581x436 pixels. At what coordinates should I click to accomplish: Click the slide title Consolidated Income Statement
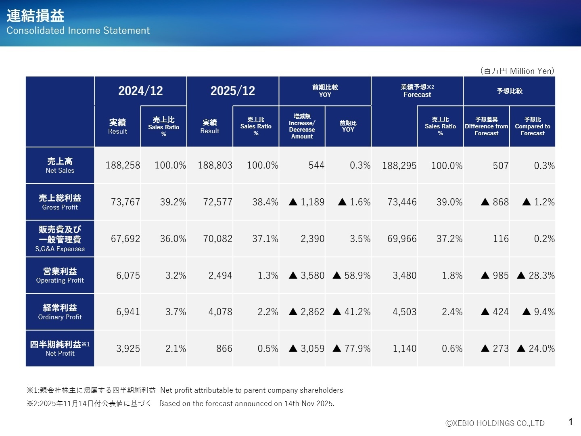point(78,30)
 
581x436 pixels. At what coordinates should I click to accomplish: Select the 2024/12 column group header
point(140,91)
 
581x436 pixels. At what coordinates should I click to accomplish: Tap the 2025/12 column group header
point(233,91)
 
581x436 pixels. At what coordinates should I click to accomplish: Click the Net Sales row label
point(60,166)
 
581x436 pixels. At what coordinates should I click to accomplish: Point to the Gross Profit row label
point(60,202)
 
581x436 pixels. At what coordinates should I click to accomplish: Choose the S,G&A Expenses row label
point(60,239)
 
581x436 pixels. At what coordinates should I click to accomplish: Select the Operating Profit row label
point(60,275)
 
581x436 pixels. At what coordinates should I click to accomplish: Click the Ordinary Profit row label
point(60,312)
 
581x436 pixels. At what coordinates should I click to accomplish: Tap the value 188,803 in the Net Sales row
point(215,166)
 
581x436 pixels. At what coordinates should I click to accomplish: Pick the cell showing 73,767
point(125,202)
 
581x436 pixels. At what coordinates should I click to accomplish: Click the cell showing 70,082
point(217,239)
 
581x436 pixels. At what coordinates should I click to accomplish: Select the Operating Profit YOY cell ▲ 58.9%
point(351,275)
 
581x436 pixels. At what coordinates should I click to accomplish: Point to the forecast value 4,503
point(404,312)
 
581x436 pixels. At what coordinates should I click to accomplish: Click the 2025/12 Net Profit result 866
point(224,348)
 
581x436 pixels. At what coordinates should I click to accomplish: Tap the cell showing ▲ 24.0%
point(536,348)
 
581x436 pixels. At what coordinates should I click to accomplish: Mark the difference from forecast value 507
point(500,166)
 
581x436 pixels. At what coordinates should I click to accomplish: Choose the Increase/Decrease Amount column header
point(302,126)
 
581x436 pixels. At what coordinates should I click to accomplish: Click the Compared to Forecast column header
point(532,126)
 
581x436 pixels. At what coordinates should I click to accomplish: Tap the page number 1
point(571,422)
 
